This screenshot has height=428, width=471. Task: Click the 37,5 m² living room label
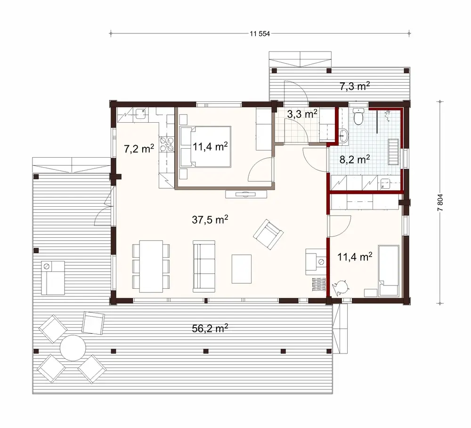point(210,219)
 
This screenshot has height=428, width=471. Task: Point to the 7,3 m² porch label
point(354,86)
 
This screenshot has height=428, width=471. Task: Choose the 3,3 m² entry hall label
point(302,114)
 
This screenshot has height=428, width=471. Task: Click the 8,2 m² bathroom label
point(354,159)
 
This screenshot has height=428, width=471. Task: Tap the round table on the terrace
point(73,349)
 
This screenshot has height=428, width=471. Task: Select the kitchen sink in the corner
point(140,113)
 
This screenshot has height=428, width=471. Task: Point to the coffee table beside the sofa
point(242,269)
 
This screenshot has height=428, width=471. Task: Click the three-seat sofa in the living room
point(204,265)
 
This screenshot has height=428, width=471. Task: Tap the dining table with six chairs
point(151,265)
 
